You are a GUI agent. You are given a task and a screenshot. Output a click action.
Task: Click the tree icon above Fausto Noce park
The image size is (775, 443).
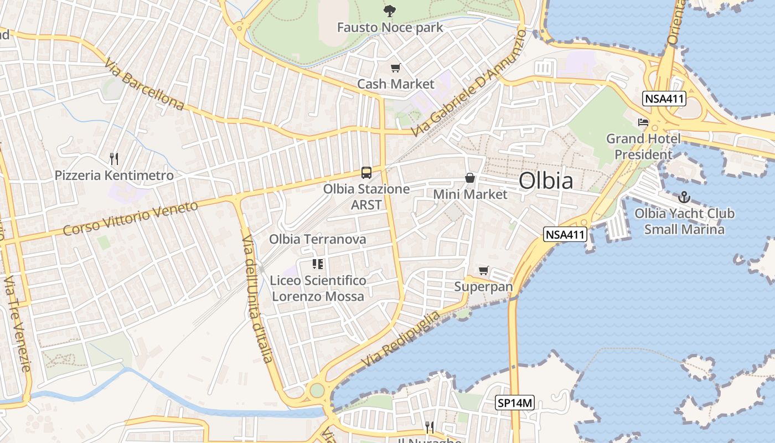[x=390, y=11]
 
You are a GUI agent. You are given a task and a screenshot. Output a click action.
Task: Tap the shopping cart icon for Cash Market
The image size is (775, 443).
[x=395, y=68]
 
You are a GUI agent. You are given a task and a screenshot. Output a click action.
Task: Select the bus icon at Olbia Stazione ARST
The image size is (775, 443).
[x=366, y=173]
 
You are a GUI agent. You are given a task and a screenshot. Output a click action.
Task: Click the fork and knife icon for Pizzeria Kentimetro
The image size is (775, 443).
[x=114, y=159]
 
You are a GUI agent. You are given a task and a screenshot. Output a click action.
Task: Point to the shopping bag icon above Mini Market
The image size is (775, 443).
[x=470, y=178]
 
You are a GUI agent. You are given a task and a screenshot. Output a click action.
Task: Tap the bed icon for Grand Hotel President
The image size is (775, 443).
[x=643, y=122]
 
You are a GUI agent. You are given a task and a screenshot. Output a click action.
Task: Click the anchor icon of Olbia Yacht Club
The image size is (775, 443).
[x=684, y=197]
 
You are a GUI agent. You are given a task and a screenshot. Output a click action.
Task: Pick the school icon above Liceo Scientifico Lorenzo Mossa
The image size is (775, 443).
[x=318, y=264]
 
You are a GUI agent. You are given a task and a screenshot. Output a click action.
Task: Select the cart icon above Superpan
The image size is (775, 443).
[x=484, y=271]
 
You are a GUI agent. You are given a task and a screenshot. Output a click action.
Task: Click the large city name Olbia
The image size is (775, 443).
[x=546, y=181]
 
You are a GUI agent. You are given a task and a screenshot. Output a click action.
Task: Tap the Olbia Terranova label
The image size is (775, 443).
[x=318, y=239]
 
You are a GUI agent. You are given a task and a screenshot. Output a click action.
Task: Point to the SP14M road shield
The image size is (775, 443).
[x=514, y=403]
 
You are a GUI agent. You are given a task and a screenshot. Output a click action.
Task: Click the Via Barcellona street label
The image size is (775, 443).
[x=144, y=84]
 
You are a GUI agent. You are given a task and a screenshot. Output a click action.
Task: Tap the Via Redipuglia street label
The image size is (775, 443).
[x=401, y=338]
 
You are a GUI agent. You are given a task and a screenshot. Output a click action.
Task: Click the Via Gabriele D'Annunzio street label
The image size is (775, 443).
[x=469, y=83]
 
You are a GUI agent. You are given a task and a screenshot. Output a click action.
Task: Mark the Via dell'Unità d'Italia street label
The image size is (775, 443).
[x=257, y=298]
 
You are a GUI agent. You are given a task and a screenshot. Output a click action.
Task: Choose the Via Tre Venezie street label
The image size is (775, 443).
[x=18, y=324]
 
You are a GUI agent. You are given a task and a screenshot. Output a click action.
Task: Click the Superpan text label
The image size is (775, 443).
[x=484, y=287]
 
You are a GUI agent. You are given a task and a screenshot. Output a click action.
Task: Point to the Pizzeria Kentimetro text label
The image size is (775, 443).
[x=114, y=176]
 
